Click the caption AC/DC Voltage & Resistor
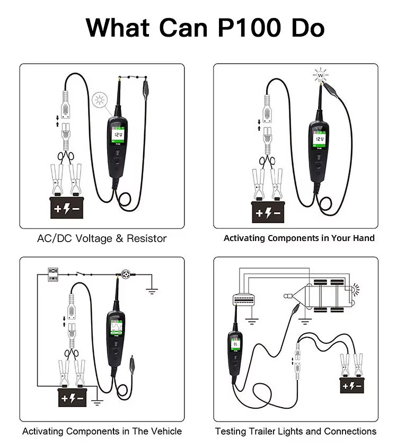pyautogui.click(x=102, y=238)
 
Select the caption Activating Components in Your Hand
pyautogui.click(x=299, y=238)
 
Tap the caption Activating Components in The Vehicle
pyautogui.click(x=102, y=431)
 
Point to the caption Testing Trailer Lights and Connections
pyautogui.click(x=296, y=431)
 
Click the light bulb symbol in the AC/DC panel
pyautogui.click(x=99, y=100)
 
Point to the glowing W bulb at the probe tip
pyautogui.click(x=321, y=76)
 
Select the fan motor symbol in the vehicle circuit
pyautogui.click(x=127, y=275)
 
